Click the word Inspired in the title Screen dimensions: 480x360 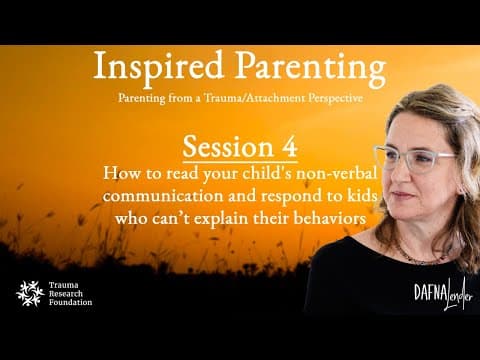click(158, 68)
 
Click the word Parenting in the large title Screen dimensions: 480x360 click(311, 69)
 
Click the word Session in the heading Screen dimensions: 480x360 click(228, 147)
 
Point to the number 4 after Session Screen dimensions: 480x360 click(289, 146)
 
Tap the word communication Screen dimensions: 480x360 click(163, 196)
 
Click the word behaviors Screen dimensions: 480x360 click(330, 218)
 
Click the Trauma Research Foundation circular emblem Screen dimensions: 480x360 click(30, 294)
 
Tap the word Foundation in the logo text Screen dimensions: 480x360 click(70, 303)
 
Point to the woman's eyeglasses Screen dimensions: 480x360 click(415, 159)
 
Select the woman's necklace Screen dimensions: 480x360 click(423, 256)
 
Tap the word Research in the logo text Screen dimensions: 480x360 click(66, 294)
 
